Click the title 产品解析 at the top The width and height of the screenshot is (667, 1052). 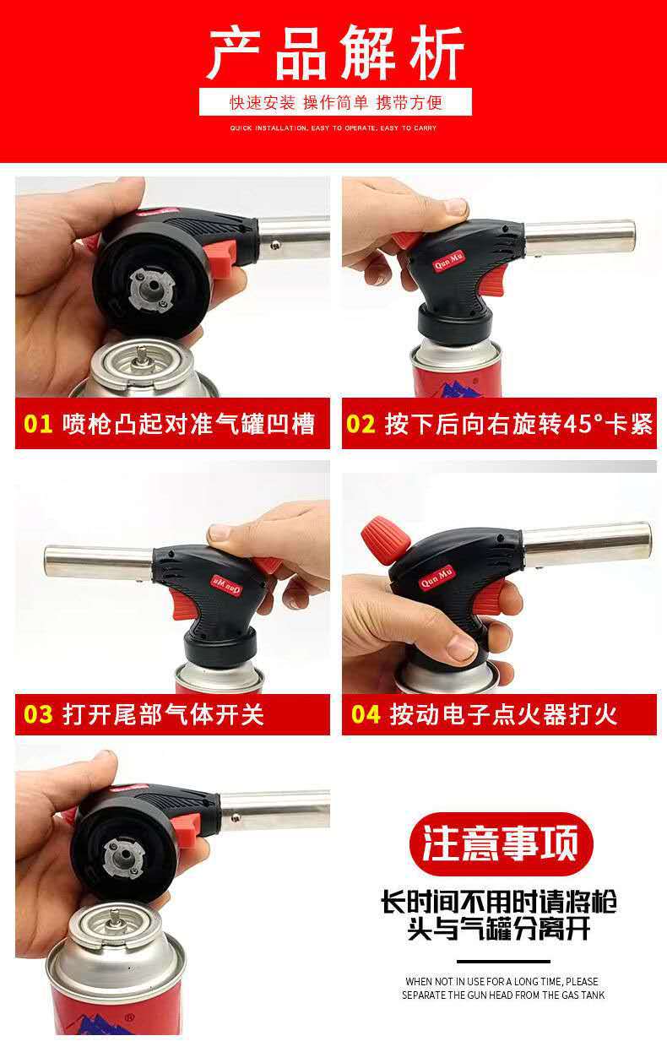pos(335,52)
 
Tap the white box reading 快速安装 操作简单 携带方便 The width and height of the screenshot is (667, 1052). pos(335,103)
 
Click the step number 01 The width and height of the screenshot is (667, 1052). pos(38,423)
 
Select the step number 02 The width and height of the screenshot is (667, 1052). pos(361,423)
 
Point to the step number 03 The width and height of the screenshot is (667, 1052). pos(38,714)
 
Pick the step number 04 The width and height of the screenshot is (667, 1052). pos(366,714)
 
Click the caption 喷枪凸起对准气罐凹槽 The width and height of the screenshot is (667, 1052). pos(188,423)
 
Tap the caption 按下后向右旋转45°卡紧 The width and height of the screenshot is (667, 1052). pos(518,423)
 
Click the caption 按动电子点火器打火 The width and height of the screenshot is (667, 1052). pos(503,714)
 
